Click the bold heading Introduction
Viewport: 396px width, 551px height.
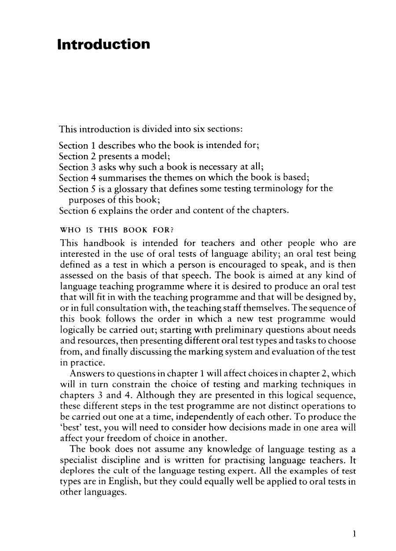104,45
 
